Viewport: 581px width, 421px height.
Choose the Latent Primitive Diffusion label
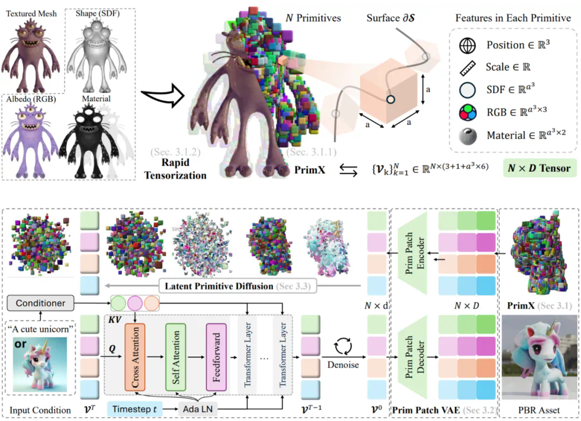pyautogui.click(x=219, y=286)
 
